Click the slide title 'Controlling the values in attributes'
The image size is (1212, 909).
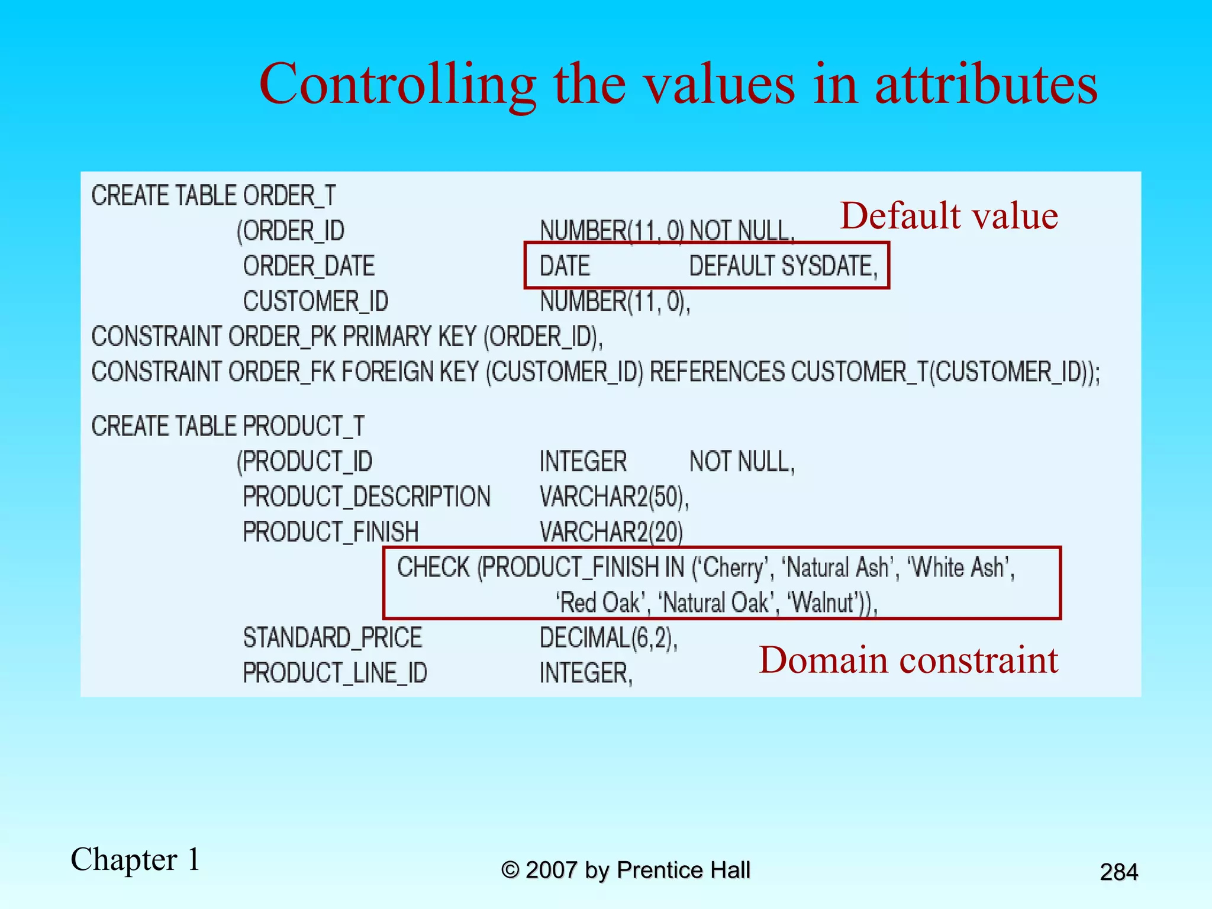point(678,84)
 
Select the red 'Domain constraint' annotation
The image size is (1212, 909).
point(908,660)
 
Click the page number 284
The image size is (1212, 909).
point(1118,872)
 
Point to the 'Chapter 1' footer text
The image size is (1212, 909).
point(136,859)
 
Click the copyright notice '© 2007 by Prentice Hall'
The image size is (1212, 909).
point(626,870)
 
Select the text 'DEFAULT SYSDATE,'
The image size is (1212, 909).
point(783,266)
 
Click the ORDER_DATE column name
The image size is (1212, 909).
point(309,266)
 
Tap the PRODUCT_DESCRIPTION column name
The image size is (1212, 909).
point(366,497)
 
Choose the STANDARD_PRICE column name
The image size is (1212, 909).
point(332,638)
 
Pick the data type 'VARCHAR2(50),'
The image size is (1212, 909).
point(614,497)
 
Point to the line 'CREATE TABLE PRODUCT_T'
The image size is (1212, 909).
point(228,426)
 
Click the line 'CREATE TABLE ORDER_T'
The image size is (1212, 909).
point(214,195)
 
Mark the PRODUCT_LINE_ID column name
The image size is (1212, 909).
point(335,673)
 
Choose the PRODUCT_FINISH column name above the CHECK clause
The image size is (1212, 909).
point(330,531)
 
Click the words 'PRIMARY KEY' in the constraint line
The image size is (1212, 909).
point(409,337)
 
